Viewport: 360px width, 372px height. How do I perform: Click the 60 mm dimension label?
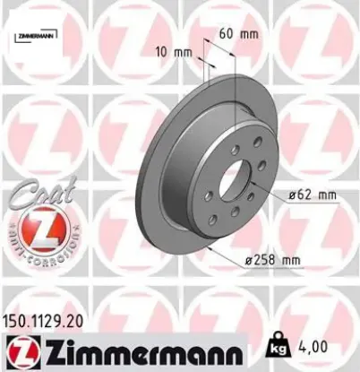(239, 33)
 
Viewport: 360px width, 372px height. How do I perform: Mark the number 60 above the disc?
(227, 33)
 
